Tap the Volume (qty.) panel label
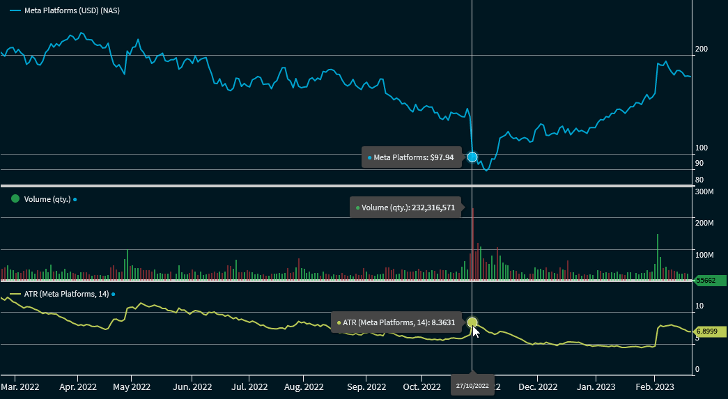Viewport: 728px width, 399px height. [x=47, y=199]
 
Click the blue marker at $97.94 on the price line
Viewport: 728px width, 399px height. [x=472, y=157]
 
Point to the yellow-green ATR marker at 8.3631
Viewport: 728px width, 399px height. [x=472, y=322]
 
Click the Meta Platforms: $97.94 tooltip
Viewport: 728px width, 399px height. [x=411, y=157]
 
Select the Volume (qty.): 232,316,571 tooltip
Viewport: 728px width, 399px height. [x=405, y=208]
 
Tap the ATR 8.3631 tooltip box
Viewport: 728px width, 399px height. [x=395, y=322]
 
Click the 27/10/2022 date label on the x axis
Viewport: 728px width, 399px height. [x=472, y=384]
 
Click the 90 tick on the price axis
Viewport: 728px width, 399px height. [x=699, y=163]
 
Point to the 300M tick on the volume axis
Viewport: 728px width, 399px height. [x=705, y=191]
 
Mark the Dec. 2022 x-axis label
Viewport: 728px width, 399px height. [x=539, y=386]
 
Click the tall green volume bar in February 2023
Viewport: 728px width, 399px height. [x=657, y=257]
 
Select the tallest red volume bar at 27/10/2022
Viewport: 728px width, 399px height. [x=472, y=244]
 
